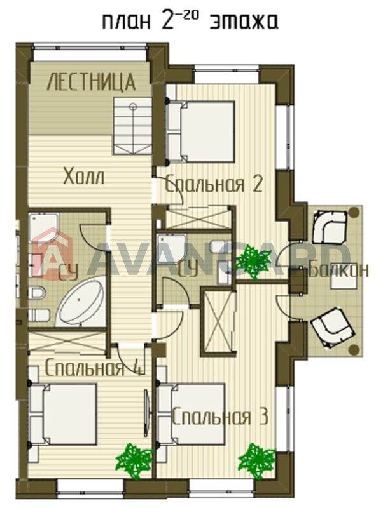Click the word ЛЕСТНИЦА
coord(91,82)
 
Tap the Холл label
coord(84,177)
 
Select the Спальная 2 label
coord(214,184)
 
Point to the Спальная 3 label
coord(220,417)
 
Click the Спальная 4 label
coord(94,368)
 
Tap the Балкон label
coord(339,270)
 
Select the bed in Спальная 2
coord(200,131)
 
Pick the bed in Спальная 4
coord(62,414)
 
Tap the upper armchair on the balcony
coord(329,227)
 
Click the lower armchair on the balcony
coord(332,327)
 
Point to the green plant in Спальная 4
coord(134,460)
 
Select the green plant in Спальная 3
coord(257,460)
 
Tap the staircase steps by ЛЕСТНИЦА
coord(132,126)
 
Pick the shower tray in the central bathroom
coord(172,248)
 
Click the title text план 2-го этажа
coord(190,22)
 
